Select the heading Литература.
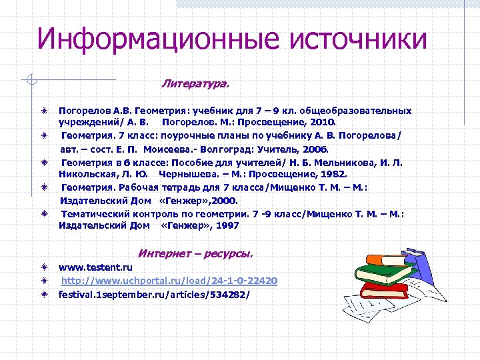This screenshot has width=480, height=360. click(195, 85)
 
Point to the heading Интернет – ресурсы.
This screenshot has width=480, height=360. click(195, 253)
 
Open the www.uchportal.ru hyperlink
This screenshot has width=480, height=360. click(169, 281)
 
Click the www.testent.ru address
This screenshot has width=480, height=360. click(95, 267)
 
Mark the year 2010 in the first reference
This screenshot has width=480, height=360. click(325, 123)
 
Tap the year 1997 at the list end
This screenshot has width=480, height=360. click(228, 225)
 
